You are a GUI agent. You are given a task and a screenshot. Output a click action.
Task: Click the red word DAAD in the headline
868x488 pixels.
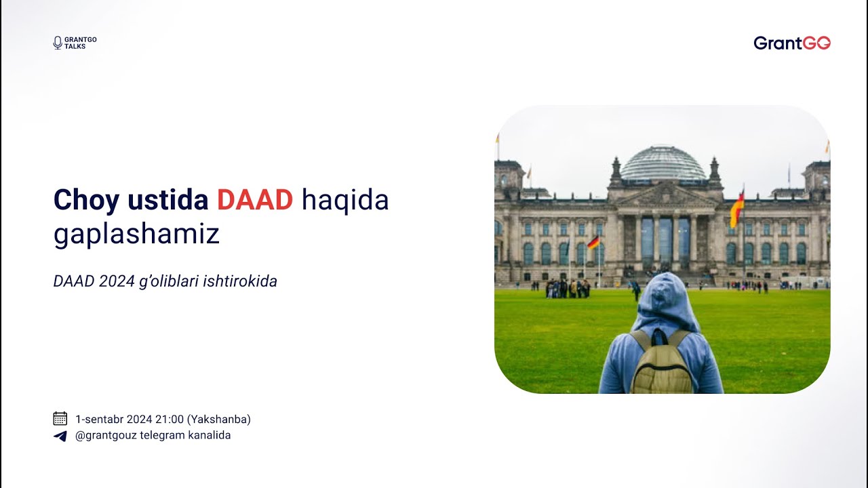point(255,200)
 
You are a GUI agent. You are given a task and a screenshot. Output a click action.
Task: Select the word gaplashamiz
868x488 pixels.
point(136,235)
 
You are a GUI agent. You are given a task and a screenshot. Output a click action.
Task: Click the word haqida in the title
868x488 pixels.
point(345,200)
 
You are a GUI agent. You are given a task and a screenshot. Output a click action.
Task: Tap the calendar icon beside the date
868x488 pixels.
point(60,419)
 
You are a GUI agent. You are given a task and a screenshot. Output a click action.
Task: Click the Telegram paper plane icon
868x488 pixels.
point(60,436)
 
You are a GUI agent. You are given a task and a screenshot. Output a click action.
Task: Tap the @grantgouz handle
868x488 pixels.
point(106,435)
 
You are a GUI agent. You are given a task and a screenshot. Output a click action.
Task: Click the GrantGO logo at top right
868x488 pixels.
point(792,43)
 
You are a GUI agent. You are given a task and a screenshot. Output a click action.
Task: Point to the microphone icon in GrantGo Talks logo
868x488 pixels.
point(58,43)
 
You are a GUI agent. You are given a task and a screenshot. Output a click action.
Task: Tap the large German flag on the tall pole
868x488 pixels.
point(736,209)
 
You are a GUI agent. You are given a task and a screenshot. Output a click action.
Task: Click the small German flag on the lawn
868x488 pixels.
point(593,242)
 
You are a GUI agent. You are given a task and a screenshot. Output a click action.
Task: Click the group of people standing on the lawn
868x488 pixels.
point(567,287)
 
